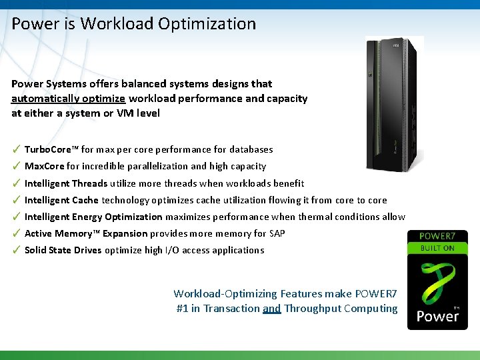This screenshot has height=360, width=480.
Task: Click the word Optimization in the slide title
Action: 207,24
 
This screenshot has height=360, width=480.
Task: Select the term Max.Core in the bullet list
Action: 44,167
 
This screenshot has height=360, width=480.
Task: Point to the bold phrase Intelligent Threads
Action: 66,183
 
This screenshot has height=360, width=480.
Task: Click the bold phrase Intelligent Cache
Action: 61,200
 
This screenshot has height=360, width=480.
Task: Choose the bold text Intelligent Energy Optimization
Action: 93,217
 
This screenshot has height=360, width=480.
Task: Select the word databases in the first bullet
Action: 251,149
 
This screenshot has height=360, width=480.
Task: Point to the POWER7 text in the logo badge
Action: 437,236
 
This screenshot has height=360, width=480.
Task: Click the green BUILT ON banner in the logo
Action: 437,248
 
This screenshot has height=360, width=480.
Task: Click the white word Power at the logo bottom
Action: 437,315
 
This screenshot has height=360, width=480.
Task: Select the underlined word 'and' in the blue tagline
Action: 271,309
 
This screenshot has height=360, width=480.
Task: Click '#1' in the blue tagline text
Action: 182,309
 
